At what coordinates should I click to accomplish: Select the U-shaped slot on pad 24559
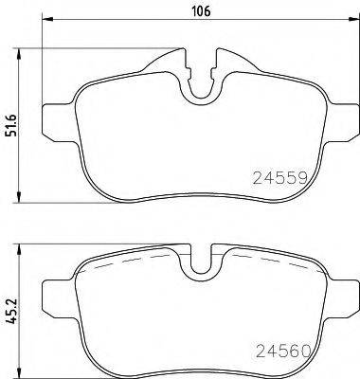(x=201, y=85)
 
